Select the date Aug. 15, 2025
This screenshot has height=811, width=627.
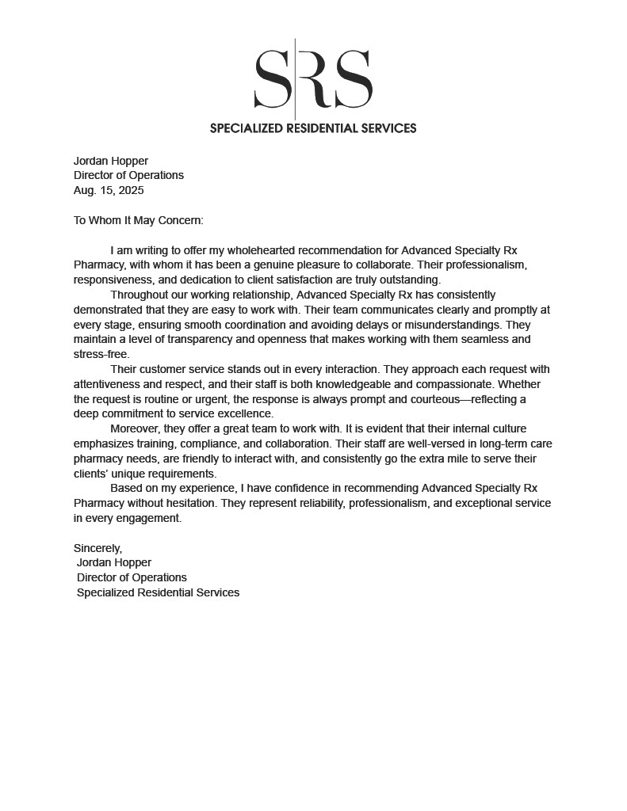[x=109, y=190]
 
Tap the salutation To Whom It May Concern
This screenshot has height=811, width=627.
[x=139, y=220]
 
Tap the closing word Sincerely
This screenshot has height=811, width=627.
[x=97, y=548]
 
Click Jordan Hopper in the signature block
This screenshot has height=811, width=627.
[x=114, y=562]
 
